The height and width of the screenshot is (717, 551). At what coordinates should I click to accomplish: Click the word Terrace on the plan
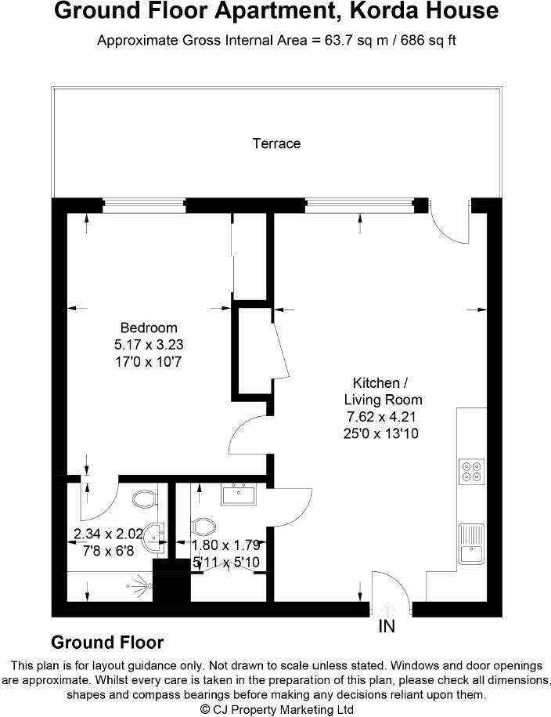click(276, 143)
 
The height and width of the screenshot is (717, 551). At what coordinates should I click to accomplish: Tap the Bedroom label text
click(149, 328)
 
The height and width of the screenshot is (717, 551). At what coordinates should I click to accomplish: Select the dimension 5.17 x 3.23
click(149, 343)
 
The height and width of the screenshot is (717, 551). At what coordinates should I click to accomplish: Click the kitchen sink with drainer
click(472, 543)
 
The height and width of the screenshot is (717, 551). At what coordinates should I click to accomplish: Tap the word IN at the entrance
click(387, 627)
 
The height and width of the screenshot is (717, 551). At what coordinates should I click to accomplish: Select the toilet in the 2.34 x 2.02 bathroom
click(143, 498)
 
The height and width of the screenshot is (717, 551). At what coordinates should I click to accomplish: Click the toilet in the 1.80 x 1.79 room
click(203, 525)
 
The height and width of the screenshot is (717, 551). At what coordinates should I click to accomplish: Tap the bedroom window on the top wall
click(144, 205)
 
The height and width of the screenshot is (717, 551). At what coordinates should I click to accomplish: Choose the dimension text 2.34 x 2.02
click(108, 534)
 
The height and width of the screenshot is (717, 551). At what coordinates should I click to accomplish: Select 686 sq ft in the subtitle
click(429, 41)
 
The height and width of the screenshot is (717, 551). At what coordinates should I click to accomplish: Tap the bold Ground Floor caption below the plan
click(107, 643)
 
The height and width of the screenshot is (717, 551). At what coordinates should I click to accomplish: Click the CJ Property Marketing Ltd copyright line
click(276, 708)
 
